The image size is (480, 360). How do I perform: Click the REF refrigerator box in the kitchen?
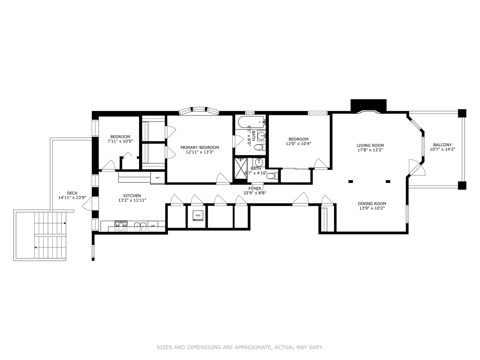(x=158, y=178)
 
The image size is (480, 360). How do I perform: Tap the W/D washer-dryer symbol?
(x=198, y=216)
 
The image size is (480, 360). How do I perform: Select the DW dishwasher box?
(x=153, y=226)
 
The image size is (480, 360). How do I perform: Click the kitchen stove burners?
(x=121, y=226)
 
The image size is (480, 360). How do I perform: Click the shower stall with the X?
(x=240, y=169)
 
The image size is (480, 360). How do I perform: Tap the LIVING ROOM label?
(x=370, y=145)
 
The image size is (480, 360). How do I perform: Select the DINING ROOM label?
(x=372, y=204)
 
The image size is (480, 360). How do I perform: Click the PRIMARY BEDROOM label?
(x=200, y=147)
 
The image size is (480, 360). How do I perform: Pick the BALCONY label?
(x=442, y=145)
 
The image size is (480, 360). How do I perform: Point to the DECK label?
(x=72, y=193)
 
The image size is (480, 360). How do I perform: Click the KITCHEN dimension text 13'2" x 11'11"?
(x=132, y=200)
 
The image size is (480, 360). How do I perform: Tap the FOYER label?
(x=255, y=188)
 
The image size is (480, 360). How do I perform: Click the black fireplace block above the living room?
(x=368, y=105)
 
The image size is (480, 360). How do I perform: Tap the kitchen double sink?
(x=140, y=226)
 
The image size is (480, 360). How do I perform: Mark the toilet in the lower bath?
(x=272, y=176)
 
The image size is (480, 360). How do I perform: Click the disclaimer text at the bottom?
(x=240, y=347)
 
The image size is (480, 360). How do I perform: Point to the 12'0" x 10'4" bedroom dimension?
(x=298, y=144)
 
